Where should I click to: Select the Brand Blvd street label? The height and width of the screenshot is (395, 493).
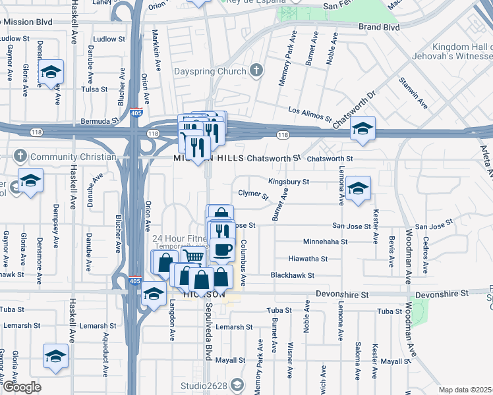tap(379, 28)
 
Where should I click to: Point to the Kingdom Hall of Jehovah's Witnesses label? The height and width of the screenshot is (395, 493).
tap(462, 53)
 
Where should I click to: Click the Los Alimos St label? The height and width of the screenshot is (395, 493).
tap(309, 115)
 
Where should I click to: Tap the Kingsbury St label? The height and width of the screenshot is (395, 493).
tap(289, 181)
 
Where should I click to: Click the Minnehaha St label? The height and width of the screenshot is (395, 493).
tap(325, 242)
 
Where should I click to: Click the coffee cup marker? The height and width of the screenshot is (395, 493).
tap(223, 250)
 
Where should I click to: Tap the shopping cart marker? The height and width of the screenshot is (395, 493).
tap(192, 256)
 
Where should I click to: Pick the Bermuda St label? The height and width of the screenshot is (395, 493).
tap(98, 122)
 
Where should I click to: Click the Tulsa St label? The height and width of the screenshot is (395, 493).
tap(94, 89)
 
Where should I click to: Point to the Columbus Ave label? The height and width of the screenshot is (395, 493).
tap(243, 262)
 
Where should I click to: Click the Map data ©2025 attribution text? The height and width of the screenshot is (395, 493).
tap(465, 390)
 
